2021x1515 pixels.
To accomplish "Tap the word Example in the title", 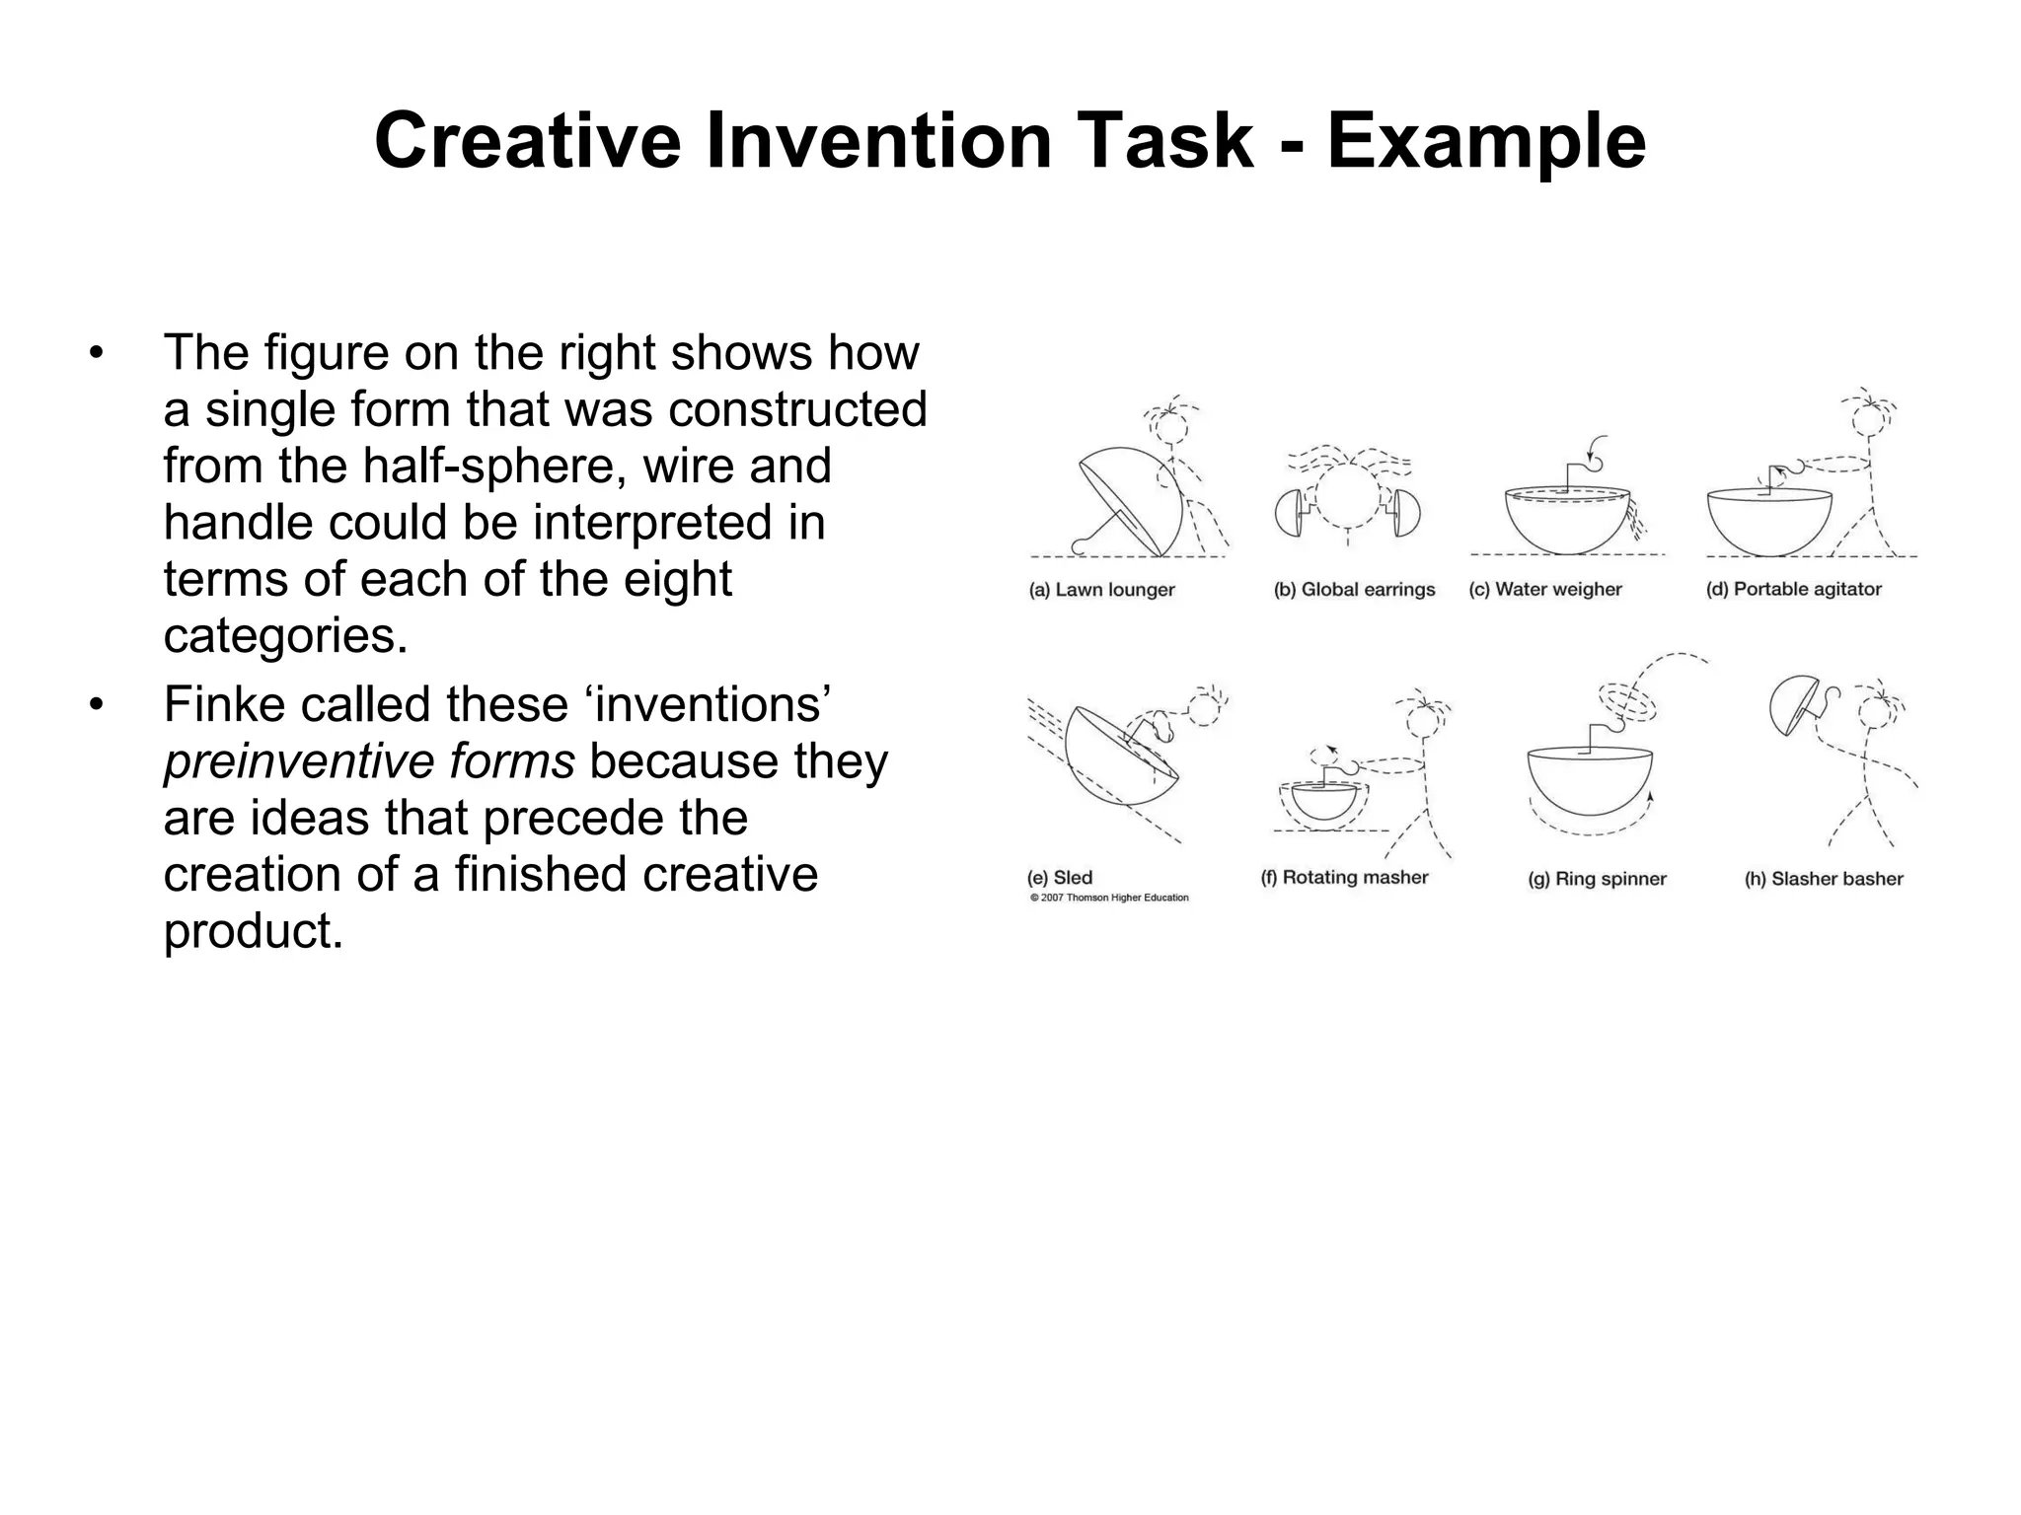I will pyautogui.click(x=1486, y=141).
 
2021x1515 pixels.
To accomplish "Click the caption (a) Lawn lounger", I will pyautogui.click(x=1101, y=590).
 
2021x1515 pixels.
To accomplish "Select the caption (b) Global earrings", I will pyautogui.click(x=1354, y=590).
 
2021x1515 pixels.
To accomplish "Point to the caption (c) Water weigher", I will pyautogui.click(x=1544, y=590).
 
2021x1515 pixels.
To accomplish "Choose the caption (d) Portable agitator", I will pyautogui.click(x=1793, y=590).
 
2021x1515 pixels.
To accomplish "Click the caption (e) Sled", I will pyautogui.click(x=1060, y=878).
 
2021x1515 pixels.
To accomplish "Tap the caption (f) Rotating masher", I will pyautogui.click(x=1344, y=878).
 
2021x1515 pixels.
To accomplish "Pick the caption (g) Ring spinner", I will pyautogui.click(x=1597, y=879).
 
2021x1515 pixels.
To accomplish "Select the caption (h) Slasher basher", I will pyautogui.click(x=1824, y=879).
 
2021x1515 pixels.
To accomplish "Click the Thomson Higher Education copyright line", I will pyautogui.click(x=1109, y=899).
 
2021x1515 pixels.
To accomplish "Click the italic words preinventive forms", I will pyautogui.click(x=369, y=761).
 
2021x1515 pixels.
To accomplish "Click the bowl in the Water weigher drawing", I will pyautogui.click(x=1564, y=523).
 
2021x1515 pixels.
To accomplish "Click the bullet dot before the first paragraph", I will pyautogui.click(x=96, y=353).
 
